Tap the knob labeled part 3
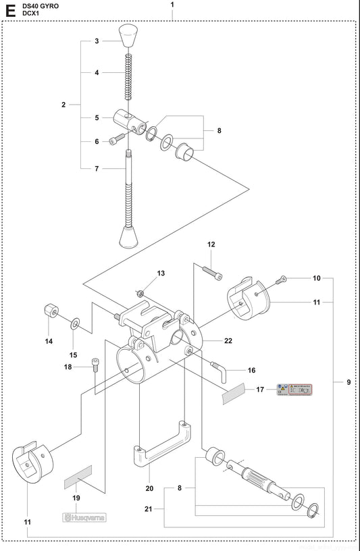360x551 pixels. (127, 35)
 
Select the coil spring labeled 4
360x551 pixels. (127, 76)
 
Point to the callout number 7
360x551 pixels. (97, 168)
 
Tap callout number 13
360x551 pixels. (161, 273)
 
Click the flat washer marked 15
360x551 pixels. (74, 324)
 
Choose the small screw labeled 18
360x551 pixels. (96, 367)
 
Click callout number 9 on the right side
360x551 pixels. (349, 383)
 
